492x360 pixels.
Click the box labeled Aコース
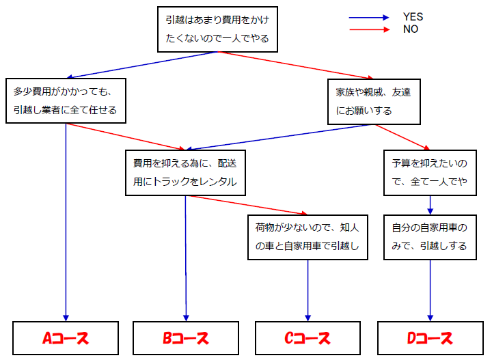click(x=66, y=337)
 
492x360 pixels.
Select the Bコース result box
click(x=185, y=337)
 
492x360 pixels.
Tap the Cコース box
click(x=307, y=337)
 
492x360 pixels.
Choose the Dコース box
click(x=430, y=337)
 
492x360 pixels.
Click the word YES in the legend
click(x=413, y=17)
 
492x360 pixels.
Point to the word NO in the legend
click(x=411, y=29)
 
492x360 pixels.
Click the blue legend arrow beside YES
click(x=369, y=18)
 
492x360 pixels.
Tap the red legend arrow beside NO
click(x=369, y=29)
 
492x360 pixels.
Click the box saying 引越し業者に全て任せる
click(x=66, y=100)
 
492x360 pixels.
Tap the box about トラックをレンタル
click(x=185, y=173)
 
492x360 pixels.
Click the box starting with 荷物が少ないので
click(x=307, y=236)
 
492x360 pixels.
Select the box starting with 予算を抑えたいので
click(x=430, y=173)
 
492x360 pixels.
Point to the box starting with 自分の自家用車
click(x=430, y=236)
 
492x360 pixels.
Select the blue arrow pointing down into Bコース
click(x=185, y=260)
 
